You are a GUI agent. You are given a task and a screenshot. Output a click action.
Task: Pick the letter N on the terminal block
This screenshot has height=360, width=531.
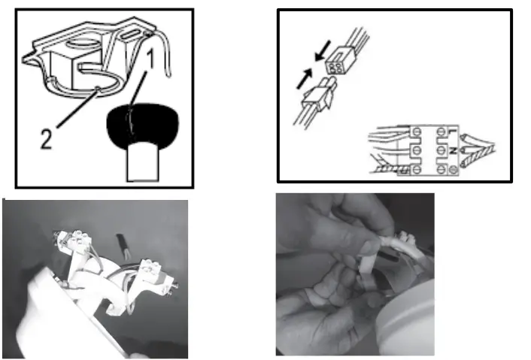[453, 150]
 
